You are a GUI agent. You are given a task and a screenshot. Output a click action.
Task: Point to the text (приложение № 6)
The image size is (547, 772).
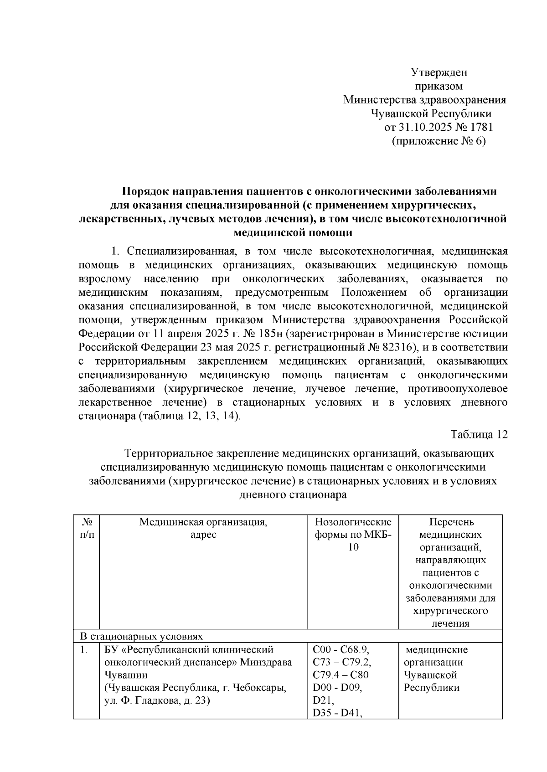click(x=439, y=141)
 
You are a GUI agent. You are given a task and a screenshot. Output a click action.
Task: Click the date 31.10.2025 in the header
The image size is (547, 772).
click(x=424, y=127)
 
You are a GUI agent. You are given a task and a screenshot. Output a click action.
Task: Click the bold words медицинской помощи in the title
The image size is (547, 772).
click(x=293, y=233)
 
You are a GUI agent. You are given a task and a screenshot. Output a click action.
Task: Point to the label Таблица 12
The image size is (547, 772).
click(x=479, y=434)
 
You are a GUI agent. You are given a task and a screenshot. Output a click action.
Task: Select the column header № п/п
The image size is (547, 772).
click(x=86, y=528)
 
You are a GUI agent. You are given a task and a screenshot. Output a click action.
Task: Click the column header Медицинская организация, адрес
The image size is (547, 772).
click(x=203, y=528)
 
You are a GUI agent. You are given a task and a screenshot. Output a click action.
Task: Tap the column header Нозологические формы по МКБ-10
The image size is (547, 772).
click(x=353, y=535)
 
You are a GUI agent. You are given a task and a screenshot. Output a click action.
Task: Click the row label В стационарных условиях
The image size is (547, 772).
click(x=141, y=636)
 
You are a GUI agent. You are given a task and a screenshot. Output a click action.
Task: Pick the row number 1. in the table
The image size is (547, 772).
click(x=83, y=649)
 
